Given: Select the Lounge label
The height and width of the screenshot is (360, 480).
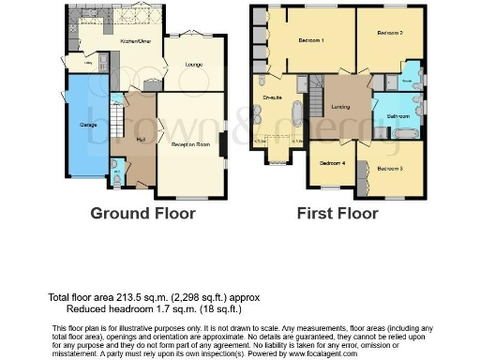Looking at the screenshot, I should point(194,65).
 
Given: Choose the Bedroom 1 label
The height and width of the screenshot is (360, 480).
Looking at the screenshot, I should point(310,41).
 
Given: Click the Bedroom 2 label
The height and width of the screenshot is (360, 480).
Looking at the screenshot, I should point(389,34).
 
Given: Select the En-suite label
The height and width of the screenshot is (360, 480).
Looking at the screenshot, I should point(273,97).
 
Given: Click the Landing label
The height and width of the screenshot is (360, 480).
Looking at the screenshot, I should point(340,107).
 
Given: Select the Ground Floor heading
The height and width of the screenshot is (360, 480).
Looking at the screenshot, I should point(142,213).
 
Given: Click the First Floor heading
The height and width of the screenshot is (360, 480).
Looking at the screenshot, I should point(337,213).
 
